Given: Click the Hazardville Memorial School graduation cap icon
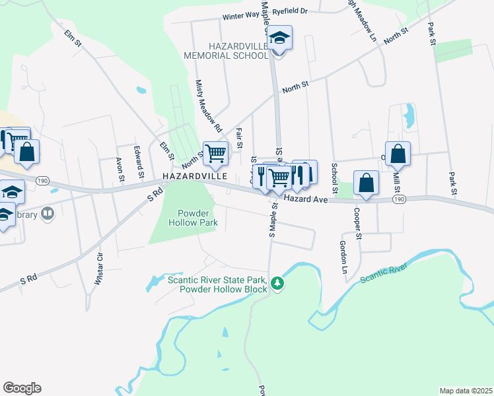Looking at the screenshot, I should click(x=280, y=39).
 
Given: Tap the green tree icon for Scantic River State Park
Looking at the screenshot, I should click(x=279, y=284).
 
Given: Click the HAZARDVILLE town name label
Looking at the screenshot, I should click(x=195, y=177).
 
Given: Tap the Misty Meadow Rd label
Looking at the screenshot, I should click(x=208, y=105).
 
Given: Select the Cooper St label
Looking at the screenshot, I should click(x=357, y=224).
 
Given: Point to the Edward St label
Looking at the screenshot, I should click(x=139, y=162).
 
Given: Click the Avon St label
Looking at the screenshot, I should click(x=120, y=169).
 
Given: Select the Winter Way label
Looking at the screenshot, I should click(x=240, y=16).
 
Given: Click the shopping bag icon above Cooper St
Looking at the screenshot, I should click(x=366, y=183).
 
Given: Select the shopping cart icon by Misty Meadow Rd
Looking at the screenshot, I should click(x=215, y=154).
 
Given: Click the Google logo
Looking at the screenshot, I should click(x=22, y=388).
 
